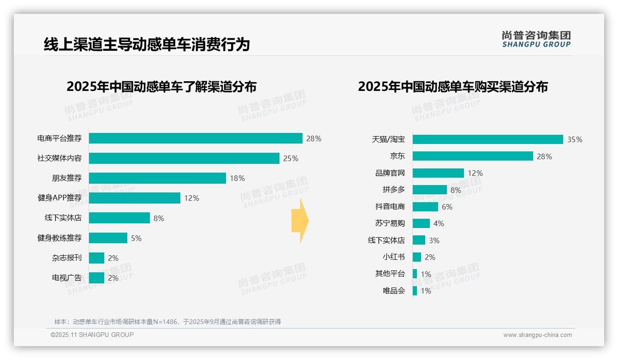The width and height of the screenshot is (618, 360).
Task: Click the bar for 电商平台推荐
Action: [196, 138]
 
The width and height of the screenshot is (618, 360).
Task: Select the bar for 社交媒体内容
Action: [184, 158]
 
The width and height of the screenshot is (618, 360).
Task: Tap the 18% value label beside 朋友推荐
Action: [237, 178]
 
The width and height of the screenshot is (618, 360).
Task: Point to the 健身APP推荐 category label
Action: [59, 198]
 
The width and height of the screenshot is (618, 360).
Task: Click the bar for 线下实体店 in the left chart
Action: [119, 218]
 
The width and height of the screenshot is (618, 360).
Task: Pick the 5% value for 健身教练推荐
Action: [136, 238]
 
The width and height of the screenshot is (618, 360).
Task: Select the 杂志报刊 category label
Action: [66, 258]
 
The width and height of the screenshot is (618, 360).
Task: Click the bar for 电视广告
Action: [96, 278]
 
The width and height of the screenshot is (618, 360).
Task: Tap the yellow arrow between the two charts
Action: [300, 221]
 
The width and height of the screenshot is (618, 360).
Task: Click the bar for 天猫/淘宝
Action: [487, 139]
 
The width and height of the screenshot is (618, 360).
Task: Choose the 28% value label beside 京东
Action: [544, 156]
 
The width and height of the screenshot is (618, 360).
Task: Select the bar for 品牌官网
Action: [438, 173]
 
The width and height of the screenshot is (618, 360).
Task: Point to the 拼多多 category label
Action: [393, 190]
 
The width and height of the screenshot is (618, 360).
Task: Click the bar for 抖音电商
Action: [425, 207]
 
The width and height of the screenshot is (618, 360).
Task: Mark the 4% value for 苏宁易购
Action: [439, 223]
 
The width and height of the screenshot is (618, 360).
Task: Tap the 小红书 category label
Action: [393, 257]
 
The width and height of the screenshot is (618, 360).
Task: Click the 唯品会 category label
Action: [393, 291]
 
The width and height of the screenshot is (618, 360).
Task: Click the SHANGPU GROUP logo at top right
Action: [536, 39]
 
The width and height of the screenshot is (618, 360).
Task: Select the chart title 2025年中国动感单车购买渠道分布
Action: [452, 87]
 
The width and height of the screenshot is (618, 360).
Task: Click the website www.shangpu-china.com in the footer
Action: [537, 335]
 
